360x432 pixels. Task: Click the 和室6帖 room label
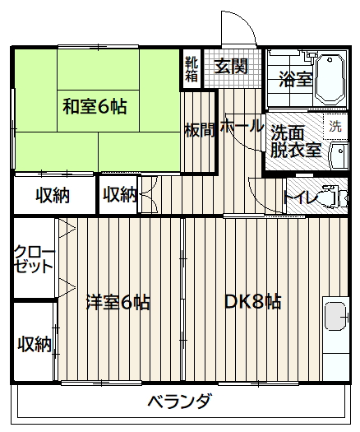coord(95,107)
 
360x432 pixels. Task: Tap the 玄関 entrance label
coord(231,66)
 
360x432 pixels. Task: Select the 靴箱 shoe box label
coord(192,69)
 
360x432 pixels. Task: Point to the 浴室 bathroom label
coord(296,79)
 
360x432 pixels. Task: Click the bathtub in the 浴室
coord(330,80)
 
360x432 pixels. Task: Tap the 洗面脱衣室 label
coord(296,141)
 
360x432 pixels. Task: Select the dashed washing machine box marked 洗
coord(335,126)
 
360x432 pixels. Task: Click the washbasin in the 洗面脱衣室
coord(339,156)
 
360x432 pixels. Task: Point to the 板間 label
coord(200,130)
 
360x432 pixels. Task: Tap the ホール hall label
coord(242,127)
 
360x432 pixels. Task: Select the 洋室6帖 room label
coord(118,302)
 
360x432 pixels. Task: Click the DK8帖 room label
coord(253,302)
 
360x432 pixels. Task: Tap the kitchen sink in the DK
coord(335,316)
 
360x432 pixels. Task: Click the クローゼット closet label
coord(35,258)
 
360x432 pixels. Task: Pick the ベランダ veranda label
coord(180,401)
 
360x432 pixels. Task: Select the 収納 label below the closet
coord(35,344)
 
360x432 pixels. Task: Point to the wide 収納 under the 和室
coord(53,195)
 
